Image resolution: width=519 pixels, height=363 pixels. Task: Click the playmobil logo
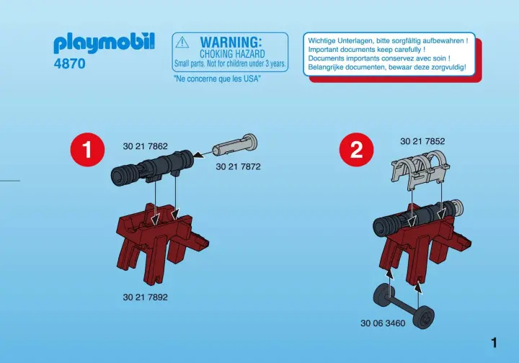[x=104, y=43]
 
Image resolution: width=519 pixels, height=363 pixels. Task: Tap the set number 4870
[x=69, y=63]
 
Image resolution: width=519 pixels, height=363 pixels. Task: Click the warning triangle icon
[x=182, y=42]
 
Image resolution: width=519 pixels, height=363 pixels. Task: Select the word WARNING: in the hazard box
[x=231, y=42]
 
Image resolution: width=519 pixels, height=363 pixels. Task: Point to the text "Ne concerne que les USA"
[x=217, y=79]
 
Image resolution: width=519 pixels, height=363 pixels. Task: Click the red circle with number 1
[x=87, y=149]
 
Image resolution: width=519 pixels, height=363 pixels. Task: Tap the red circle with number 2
[x=357, y=149]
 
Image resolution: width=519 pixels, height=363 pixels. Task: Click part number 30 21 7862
[x=146, y=146]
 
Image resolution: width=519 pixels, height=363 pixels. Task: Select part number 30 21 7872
[x=238, y=166]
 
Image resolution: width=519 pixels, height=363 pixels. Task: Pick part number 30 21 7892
[x=146, y=297]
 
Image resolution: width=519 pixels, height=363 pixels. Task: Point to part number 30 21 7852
[x=422, y=141]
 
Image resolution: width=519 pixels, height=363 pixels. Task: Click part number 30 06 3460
[x=383, y=323]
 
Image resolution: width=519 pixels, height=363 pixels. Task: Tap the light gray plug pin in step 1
[x=234, y=145]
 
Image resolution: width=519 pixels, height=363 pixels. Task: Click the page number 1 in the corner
[x=494, y=343]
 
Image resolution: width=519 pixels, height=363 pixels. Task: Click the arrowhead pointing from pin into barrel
[x=199, y=155]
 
